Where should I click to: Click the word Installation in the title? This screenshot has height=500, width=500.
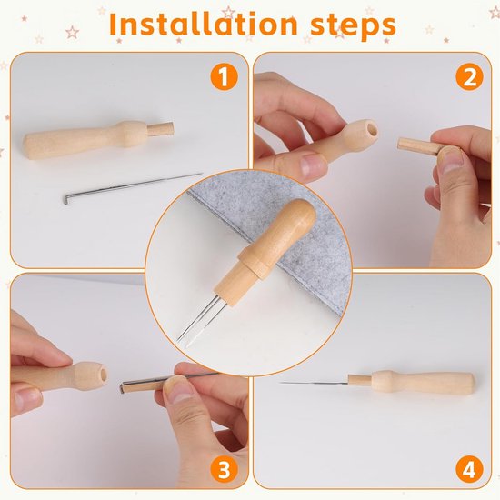coord(203,25)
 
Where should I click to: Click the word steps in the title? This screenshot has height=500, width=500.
coord(353,26)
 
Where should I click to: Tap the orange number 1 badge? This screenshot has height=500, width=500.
coord(224,77)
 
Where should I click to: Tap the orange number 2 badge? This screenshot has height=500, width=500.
coord(469,77)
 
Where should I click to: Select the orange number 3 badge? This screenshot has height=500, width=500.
coord(224,470)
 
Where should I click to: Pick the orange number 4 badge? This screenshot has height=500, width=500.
coord(469,470)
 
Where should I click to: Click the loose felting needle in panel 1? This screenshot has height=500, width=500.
coord(133,188)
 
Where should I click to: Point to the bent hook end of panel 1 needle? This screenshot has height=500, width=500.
coord(66,201)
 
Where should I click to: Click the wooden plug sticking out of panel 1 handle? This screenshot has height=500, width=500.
coord(160,129)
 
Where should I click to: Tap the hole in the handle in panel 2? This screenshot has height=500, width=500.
coord(371,129)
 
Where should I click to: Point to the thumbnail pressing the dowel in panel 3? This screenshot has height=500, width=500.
coord(176,389)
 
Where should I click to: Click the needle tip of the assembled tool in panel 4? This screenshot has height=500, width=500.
coord(281,383)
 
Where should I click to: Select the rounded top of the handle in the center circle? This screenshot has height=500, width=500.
coord(301,212)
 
